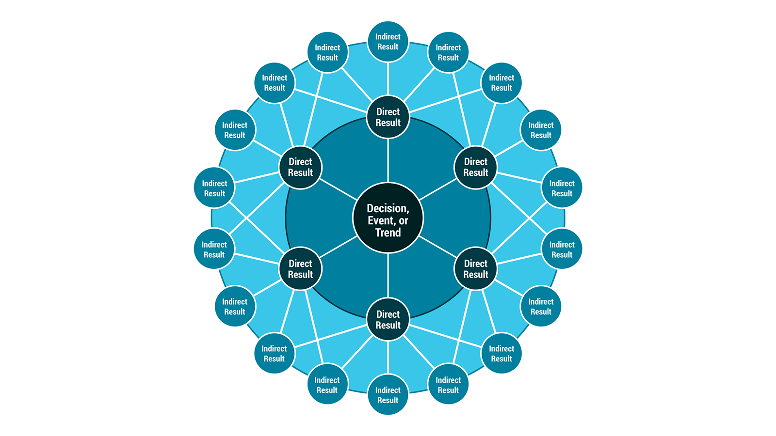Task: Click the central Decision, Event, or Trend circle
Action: click(388, 218)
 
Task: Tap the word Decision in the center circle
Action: click(388, 208)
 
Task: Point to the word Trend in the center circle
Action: click(388, 233)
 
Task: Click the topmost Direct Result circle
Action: click(388, 117)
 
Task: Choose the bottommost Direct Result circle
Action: click(388, 320)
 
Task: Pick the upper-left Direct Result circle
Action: click(300, 167)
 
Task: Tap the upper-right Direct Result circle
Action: click(475, 167)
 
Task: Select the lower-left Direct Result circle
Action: click(300, 269)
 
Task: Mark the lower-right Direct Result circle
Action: click(475, 269)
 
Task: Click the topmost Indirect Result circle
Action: click(388, 42)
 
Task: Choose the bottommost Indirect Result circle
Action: click(388, 395)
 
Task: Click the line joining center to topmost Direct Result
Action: click(388, 160)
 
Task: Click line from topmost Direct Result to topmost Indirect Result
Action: click(388, 79)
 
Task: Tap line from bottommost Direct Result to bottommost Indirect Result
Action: click(388, 358)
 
